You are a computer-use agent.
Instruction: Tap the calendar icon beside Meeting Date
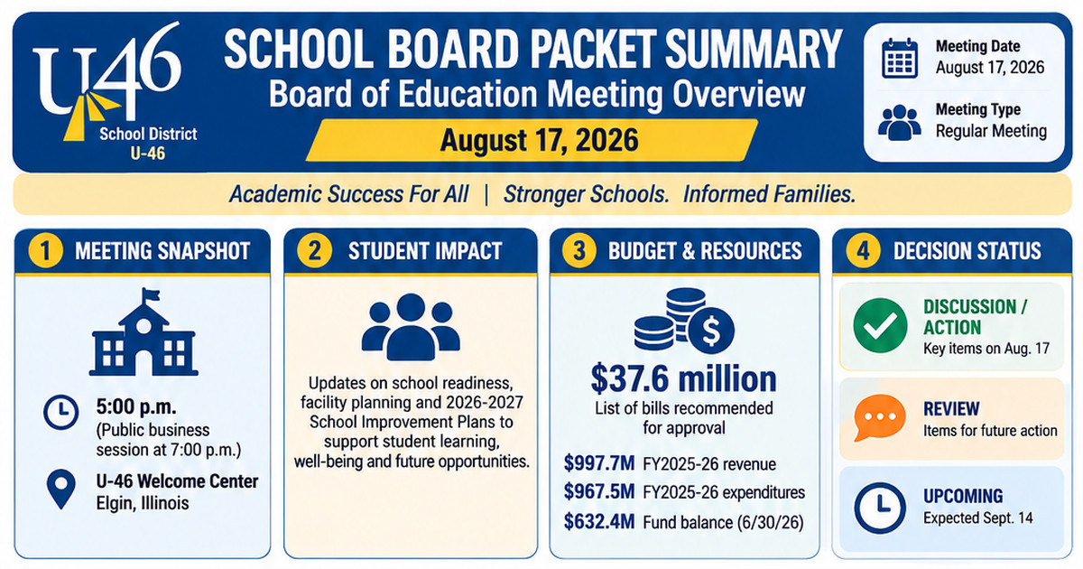(x=900, y=58)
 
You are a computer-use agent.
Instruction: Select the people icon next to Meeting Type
(x=899, y=123)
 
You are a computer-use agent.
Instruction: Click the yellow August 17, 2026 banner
(x=532, y=140)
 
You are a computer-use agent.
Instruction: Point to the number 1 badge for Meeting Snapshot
(x=45, y=251)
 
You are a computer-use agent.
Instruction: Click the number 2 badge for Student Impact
(x=314, y=251)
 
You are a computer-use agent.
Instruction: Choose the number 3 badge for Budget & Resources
(x=579, y=251)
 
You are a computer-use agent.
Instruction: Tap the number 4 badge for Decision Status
(x=863, y=251)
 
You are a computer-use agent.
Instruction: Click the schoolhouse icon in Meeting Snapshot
(x=143, y=332)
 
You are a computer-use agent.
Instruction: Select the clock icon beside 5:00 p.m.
(x=61, y=412)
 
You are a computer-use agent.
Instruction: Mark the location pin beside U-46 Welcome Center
(x=61, y=489)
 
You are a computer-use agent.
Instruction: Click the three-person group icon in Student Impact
(x=411, y=327)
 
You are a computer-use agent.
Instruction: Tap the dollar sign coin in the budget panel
(x=711, y=331)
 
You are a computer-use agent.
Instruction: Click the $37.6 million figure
(x=684, y=378)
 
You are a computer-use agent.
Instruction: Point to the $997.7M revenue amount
(x=599, y=463)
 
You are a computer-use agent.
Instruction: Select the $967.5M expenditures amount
(x=599, y=491)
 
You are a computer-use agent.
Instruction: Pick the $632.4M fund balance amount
(x=599, y=522)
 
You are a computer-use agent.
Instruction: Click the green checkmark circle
(x=880, y=325)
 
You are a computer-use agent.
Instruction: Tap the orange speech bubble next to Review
(x=879, y=417)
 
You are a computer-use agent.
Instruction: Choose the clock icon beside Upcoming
(x=880, y=508)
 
